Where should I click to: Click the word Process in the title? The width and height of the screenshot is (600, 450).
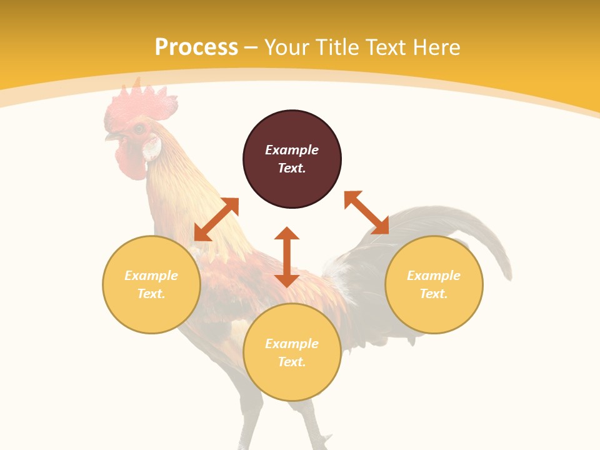pyautogui.click(x=196, y=47)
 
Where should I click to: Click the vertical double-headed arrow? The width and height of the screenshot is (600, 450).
pyautogui.click(x=287, y=257)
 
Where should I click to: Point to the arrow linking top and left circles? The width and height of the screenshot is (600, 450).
pyautogui.click(x=216, y=219)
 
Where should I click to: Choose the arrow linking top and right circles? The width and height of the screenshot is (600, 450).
pyautogui.click(x=366, y=212)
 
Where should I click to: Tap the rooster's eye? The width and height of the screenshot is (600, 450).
pyautogui.click(x=139, y=129)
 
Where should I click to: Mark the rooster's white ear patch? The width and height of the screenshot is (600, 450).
pyautogui.click(x=152, y=149)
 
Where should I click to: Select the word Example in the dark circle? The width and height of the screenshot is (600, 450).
pyautogui.click(x=292, y=150)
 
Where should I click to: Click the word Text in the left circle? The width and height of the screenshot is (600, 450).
pyautogui.click(x=151, y=294)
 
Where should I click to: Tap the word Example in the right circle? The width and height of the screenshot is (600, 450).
pyautogui.click(x=434, y=276)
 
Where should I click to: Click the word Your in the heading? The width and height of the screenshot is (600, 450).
pyautogui.click(x=287, y=47)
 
